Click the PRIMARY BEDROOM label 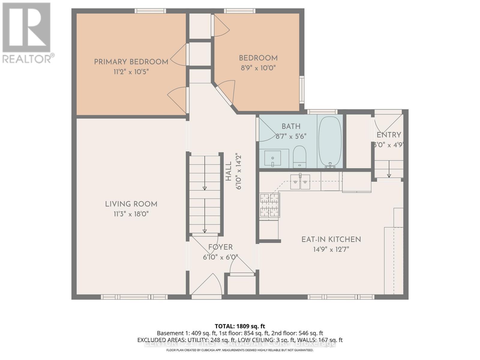(x=131, y=62)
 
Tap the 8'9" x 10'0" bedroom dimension (x=258, y=68)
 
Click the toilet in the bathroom (x=299, y=156)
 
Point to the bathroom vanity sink (x=273, y=158)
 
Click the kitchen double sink (x=300, y=181)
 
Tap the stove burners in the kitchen (x=269, y=205)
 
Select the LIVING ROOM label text (x=131, y=204)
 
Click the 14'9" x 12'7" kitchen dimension (x=331, y=249)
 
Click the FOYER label (x=220, y=247)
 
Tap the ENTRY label (x=389, y=135)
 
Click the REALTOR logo (x=27, y=33)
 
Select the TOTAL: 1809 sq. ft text (x=240, y=326)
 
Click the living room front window (x=134, y=297)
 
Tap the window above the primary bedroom (x=150, y=11)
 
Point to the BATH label (x=291, y=126)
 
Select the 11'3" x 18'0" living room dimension (x=131, y=214)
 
